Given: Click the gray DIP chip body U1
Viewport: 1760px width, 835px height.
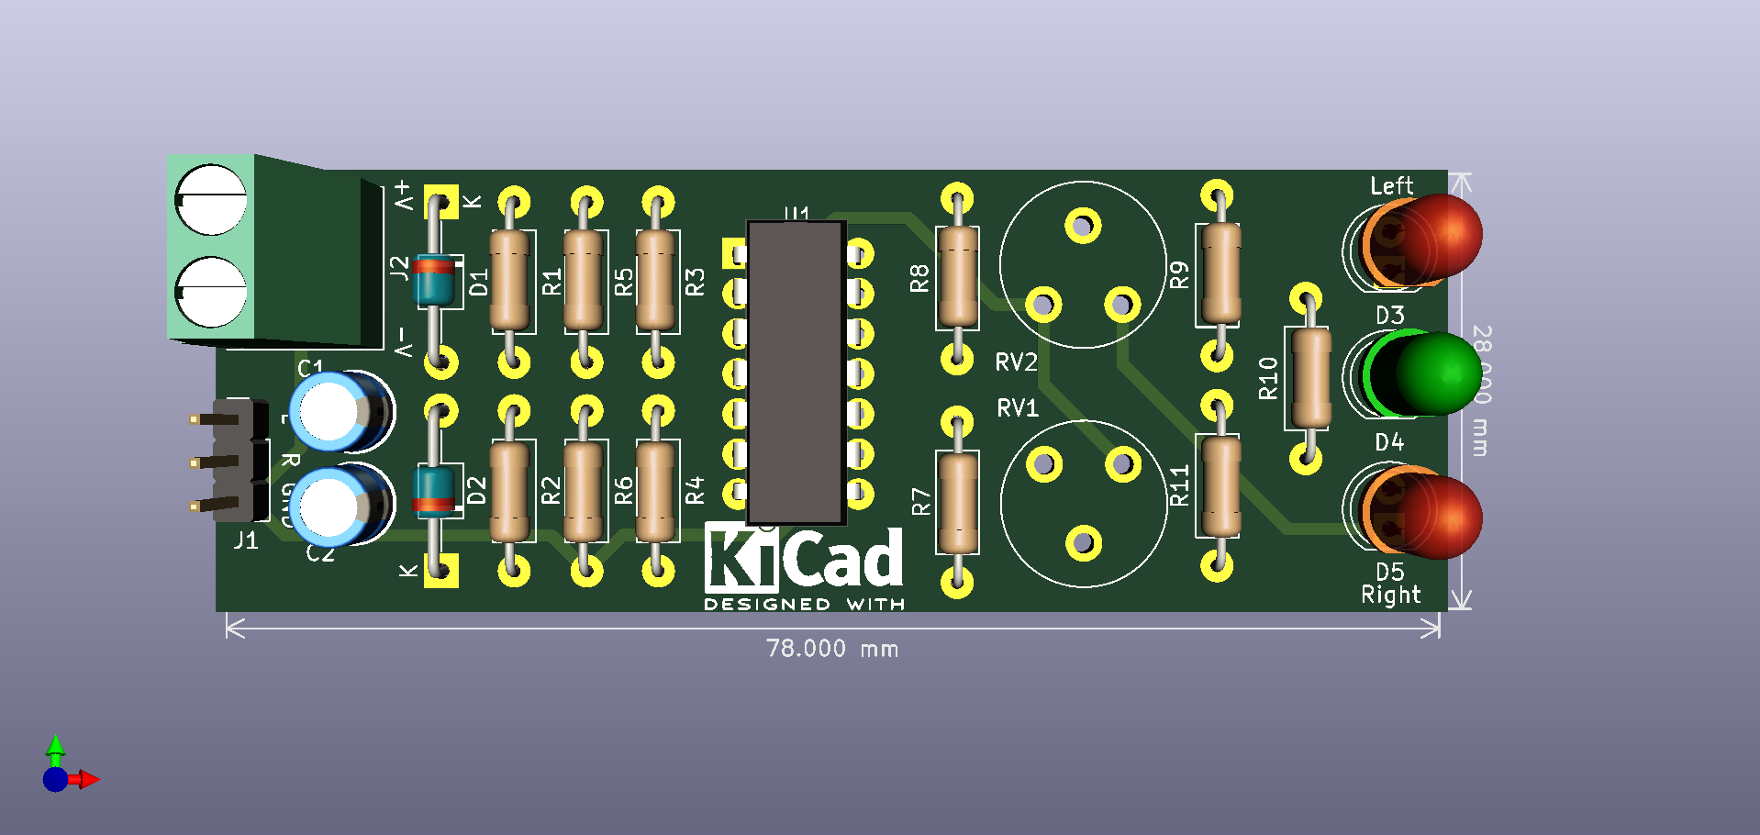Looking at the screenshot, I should (796, 372).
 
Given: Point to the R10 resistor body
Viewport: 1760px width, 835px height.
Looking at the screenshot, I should (1310, 378).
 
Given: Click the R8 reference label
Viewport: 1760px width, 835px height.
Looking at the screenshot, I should (919, 278).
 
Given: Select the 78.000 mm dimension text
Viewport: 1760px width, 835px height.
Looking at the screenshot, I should (831, 649).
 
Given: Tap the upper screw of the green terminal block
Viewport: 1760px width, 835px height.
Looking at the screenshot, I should (210, 200).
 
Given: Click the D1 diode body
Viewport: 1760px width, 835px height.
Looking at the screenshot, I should (434, 280).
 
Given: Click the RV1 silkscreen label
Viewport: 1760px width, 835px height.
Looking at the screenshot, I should (1018, 408).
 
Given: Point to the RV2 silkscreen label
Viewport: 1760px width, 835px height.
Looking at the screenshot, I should (1016, 362).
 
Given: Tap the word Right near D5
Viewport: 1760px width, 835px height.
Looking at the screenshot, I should (1390, 596).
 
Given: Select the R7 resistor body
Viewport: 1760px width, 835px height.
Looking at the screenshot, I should (957, 502).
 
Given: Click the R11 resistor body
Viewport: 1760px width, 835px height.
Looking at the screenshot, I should (1220, 484).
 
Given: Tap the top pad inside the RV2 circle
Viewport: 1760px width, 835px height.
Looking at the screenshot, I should (1083, 225).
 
